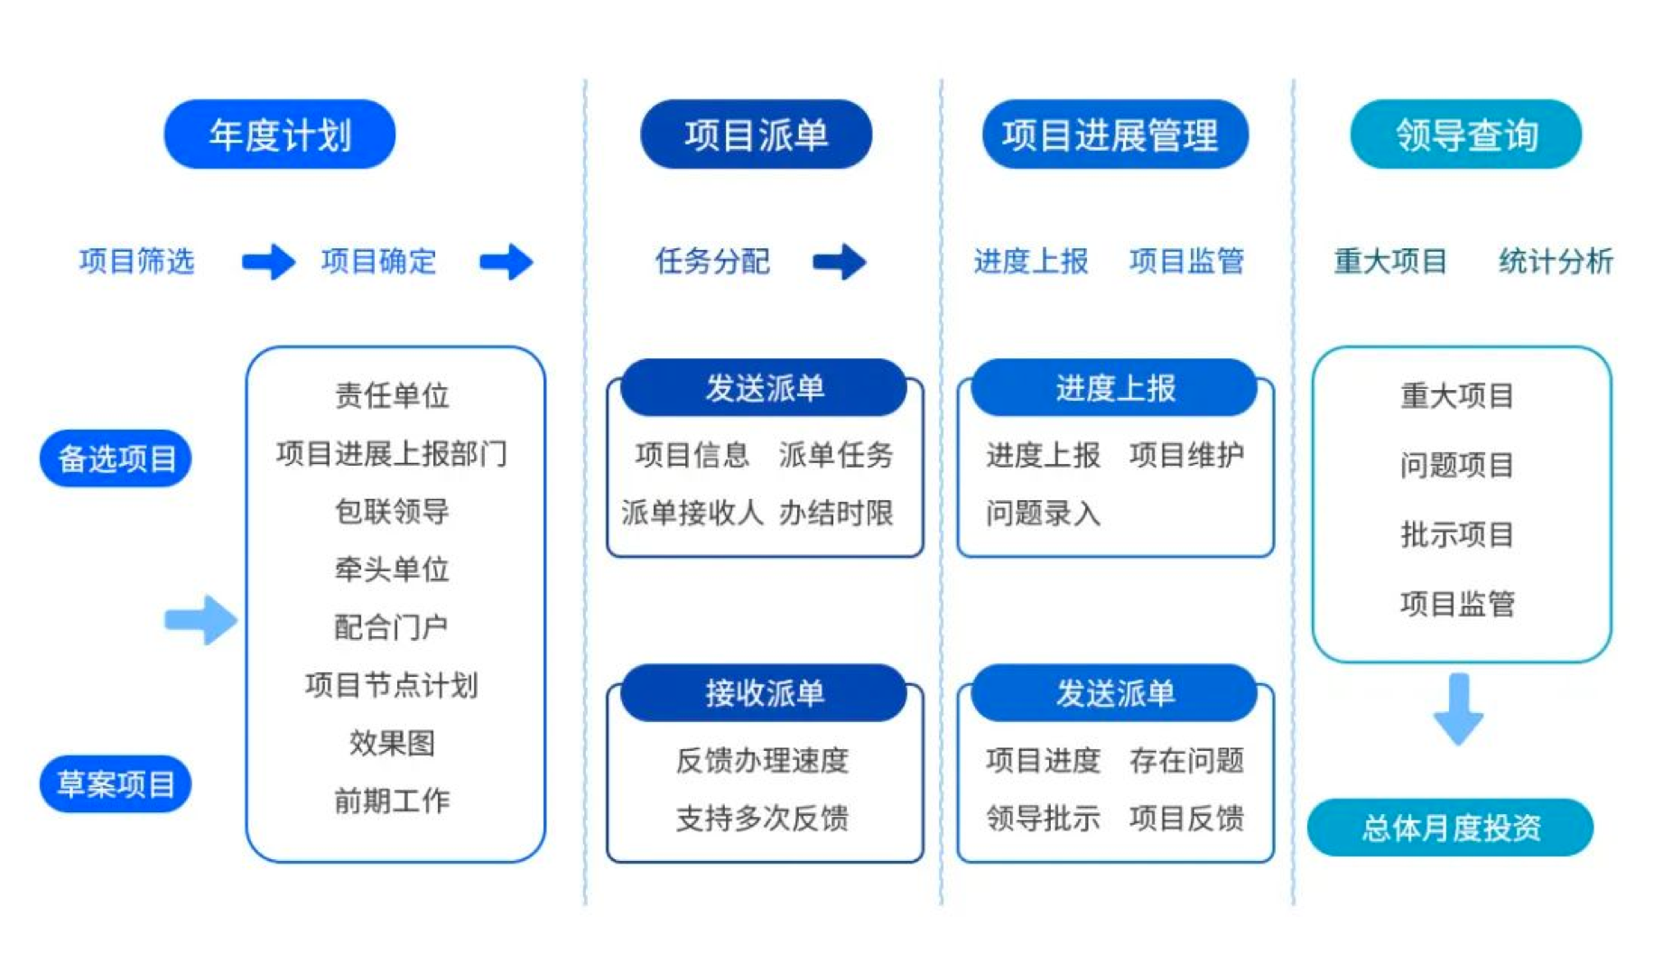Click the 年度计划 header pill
279,134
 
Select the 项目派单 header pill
756,134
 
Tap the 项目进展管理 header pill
1115,134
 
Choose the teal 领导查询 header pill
1466,134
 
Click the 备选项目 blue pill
116,458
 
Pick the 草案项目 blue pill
116,783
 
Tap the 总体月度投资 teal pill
1451,828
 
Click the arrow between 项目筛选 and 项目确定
268,262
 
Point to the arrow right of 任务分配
840,262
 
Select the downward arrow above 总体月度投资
1458,708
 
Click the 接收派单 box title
764,693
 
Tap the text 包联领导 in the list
392,511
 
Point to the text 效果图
392,743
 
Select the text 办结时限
836,513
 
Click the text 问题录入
1043,513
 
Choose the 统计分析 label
1556,261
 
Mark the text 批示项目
1457,534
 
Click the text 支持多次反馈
763,818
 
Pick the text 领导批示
1043,818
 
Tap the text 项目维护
1186,454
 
